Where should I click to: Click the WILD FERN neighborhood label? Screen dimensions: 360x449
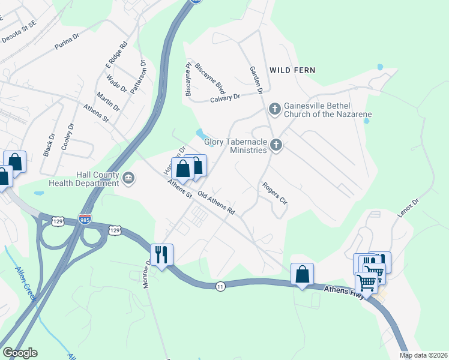click(x=292, y=70)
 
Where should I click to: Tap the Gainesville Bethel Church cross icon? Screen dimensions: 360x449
click(x=275, y=109)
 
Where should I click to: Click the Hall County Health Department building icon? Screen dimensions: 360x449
click(x=128, y=178)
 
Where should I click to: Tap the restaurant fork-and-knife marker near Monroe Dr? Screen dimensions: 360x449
click(x=161, y=254)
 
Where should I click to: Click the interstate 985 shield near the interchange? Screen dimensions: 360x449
click(x=85, y=220)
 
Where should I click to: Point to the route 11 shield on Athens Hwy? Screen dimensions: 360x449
click(x=221, y=287)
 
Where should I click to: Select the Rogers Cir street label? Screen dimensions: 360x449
click(x=275, y=193)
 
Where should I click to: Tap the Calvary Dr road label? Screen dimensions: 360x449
click(x=224, y=98)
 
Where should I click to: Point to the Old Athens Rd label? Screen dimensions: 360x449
click(x=215, y=204)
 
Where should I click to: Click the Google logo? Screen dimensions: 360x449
click(x=20, y=353)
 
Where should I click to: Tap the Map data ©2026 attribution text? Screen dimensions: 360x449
click(x=423, y=355)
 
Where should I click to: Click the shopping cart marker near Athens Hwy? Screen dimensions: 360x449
click(x=366, y=282)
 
